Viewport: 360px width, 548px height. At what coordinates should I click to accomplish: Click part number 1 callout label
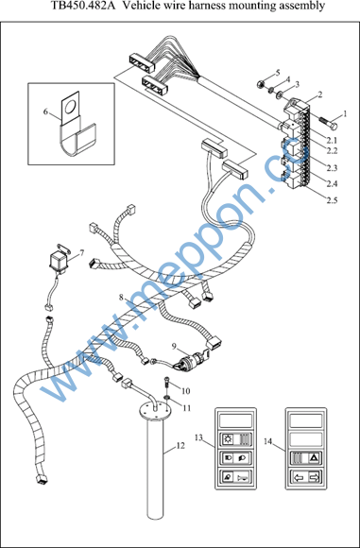point(344,114)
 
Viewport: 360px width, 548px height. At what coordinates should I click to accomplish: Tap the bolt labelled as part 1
point(328,122)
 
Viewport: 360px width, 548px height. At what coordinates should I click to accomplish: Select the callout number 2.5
point(332,200)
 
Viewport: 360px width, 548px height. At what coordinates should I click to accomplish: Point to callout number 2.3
point(332,168)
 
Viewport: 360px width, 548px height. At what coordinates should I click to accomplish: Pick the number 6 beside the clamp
point(45,111)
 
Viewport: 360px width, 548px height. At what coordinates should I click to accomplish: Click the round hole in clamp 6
point(70,107)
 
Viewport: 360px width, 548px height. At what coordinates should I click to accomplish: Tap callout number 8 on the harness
point(121,298)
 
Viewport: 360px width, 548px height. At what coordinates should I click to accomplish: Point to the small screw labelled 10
point(166,382)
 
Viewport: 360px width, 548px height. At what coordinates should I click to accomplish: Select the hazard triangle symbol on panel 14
point(313,456)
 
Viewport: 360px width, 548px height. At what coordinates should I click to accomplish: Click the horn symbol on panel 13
point(242,477)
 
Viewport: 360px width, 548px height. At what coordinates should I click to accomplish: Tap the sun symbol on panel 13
point(226,437)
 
